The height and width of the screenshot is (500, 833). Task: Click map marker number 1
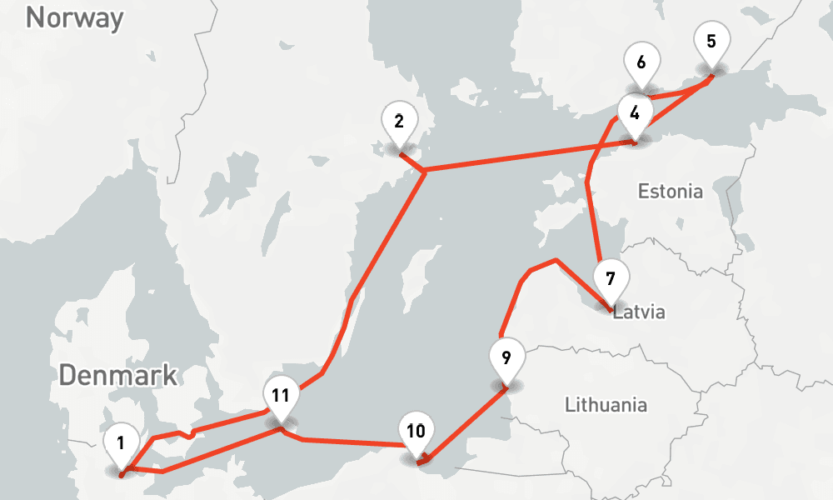click(x=122, y=443)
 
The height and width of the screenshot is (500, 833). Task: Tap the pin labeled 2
click(x=400, y=122)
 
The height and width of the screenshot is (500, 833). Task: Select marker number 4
click(x=636, y=113)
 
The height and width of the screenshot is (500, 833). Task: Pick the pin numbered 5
click(x=711, y=42)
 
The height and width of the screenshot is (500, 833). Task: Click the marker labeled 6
click(x=641, y=63)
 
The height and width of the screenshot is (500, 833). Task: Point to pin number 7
click(x=611, y=278)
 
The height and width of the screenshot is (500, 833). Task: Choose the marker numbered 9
click(x=506, y=359)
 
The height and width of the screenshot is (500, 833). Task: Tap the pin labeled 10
click(x=416, y=432)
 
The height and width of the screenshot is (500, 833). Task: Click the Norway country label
click(x=74, y=18)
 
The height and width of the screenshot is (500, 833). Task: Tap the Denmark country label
click(x=118, y=375)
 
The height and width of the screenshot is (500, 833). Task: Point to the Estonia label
click(x=670, y=192)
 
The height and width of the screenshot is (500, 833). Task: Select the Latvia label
click(x=640, y=313)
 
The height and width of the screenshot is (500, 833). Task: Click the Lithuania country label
click(x=606, y=406)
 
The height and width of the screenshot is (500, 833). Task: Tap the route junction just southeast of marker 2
click(x=424, y=172)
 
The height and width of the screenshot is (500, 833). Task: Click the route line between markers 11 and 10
click(x=350, y=441)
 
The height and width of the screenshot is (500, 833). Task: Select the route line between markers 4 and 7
click(x=592, y=208)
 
